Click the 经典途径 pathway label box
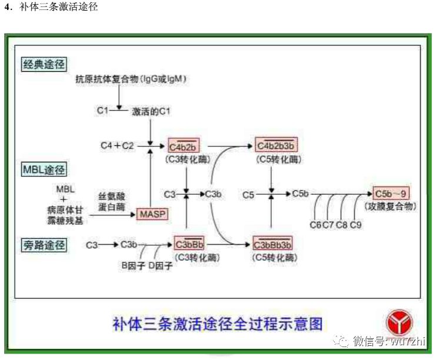(x=44, y=64)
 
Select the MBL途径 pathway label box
(x=44, y=170)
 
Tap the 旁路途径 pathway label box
(x=44, y=244)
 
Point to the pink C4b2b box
(x=185, y=146)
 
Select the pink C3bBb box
(x=189, y=244)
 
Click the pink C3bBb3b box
(x=272, y=244)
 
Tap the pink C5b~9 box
(x=391, y=193)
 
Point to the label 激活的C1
(x=151, y=111)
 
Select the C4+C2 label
(x=117, y=145)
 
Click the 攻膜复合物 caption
(x=390, y=206)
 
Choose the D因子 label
(x=160, y=266)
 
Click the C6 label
(x=315, y=225)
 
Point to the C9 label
(x=356, y=225)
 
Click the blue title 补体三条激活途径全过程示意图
(x=217, y=323)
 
